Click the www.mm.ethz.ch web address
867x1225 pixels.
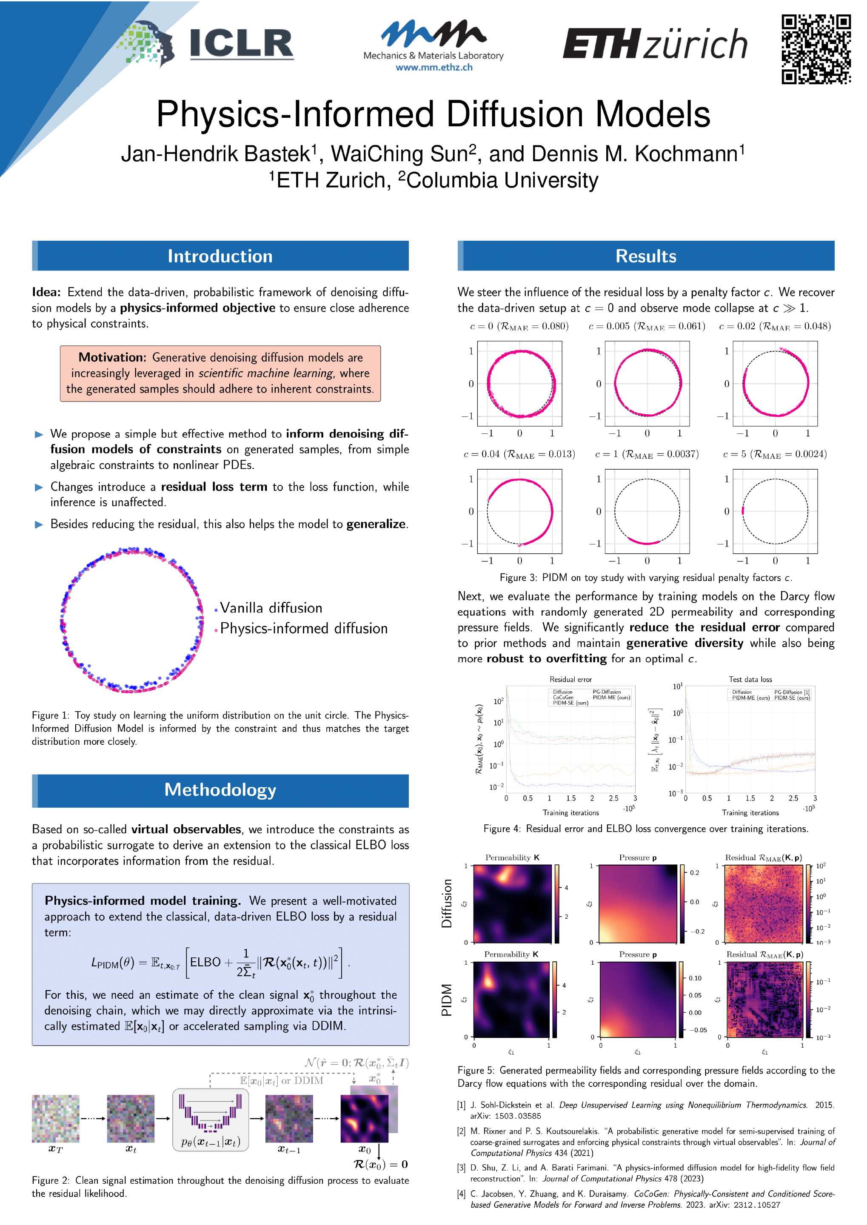pyautogui.click(x=433, y=68)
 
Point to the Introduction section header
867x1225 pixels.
pyautogui.click(x=220, y=256)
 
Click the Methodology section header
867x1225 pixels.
pyautogui.click(x=220, y=790)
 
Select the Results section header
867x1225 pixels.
pyautogui.click(x=645, y=256)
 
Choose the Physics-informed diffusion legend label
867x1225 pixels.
pyautogui.click(x=303, y=628)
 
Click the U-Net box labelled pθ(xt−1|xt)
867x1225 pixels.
pyautogui.click(x=210, y=1120)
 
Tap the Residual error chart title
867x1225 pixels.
pyautogui.click(x=570, y=679)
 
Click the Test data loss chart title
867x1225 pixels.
pyautogui.click(x=750, y=679)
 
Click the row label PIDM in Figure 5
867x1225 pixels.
pyautogui.click(x=446, y=999)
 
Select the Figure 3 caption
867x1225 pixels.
pyautogui.click(x=645, y=578)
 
